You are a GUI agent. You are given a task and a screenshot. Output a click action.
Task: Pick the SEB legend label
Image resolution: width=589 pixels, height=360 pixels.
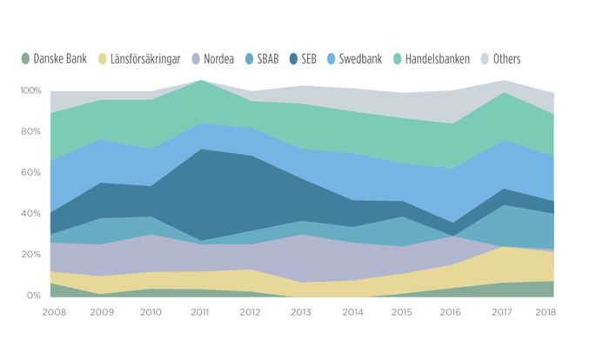(309, 59)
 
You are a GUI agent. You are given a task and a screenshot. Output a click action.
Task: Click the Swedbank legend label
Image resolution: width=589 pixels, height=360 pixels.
(358, 59)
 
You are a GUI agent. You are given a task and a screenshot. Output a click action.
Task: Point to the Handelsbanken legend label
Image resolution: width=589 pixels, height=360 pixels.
(437, 59)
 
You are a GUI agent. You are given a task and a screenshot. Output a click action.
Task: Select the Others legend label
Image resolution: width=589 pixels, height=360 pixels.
(506, 59)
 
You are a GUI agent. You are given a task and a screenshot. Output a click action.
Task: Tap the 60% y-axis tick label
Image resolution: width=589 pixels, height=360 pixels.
(31, 172)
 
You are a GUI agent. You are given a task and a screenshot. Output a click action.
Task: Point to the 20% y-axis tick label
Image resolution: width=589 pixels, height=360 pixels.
(31, 254)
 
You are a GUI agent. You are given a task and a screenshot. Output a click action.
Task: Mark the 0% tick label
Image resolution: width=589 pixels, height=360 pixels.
(34, 296)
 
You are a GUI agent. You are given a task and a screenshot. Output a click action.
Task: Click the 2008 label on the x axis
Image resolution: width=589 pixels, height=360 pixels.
(53, 312)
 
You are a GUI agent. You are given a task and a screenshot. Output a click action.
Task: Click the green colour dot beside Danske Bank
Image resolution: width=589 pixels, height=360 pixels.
(26, 59)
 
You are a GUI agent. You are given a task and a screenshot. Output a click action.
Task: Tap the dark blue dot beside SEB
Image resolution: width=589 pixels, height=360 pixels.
(293, 59)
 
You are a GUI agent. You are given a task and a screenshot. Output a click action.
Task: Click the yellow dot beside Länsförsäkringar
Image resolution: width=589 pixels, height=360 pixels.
(103, 59)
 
